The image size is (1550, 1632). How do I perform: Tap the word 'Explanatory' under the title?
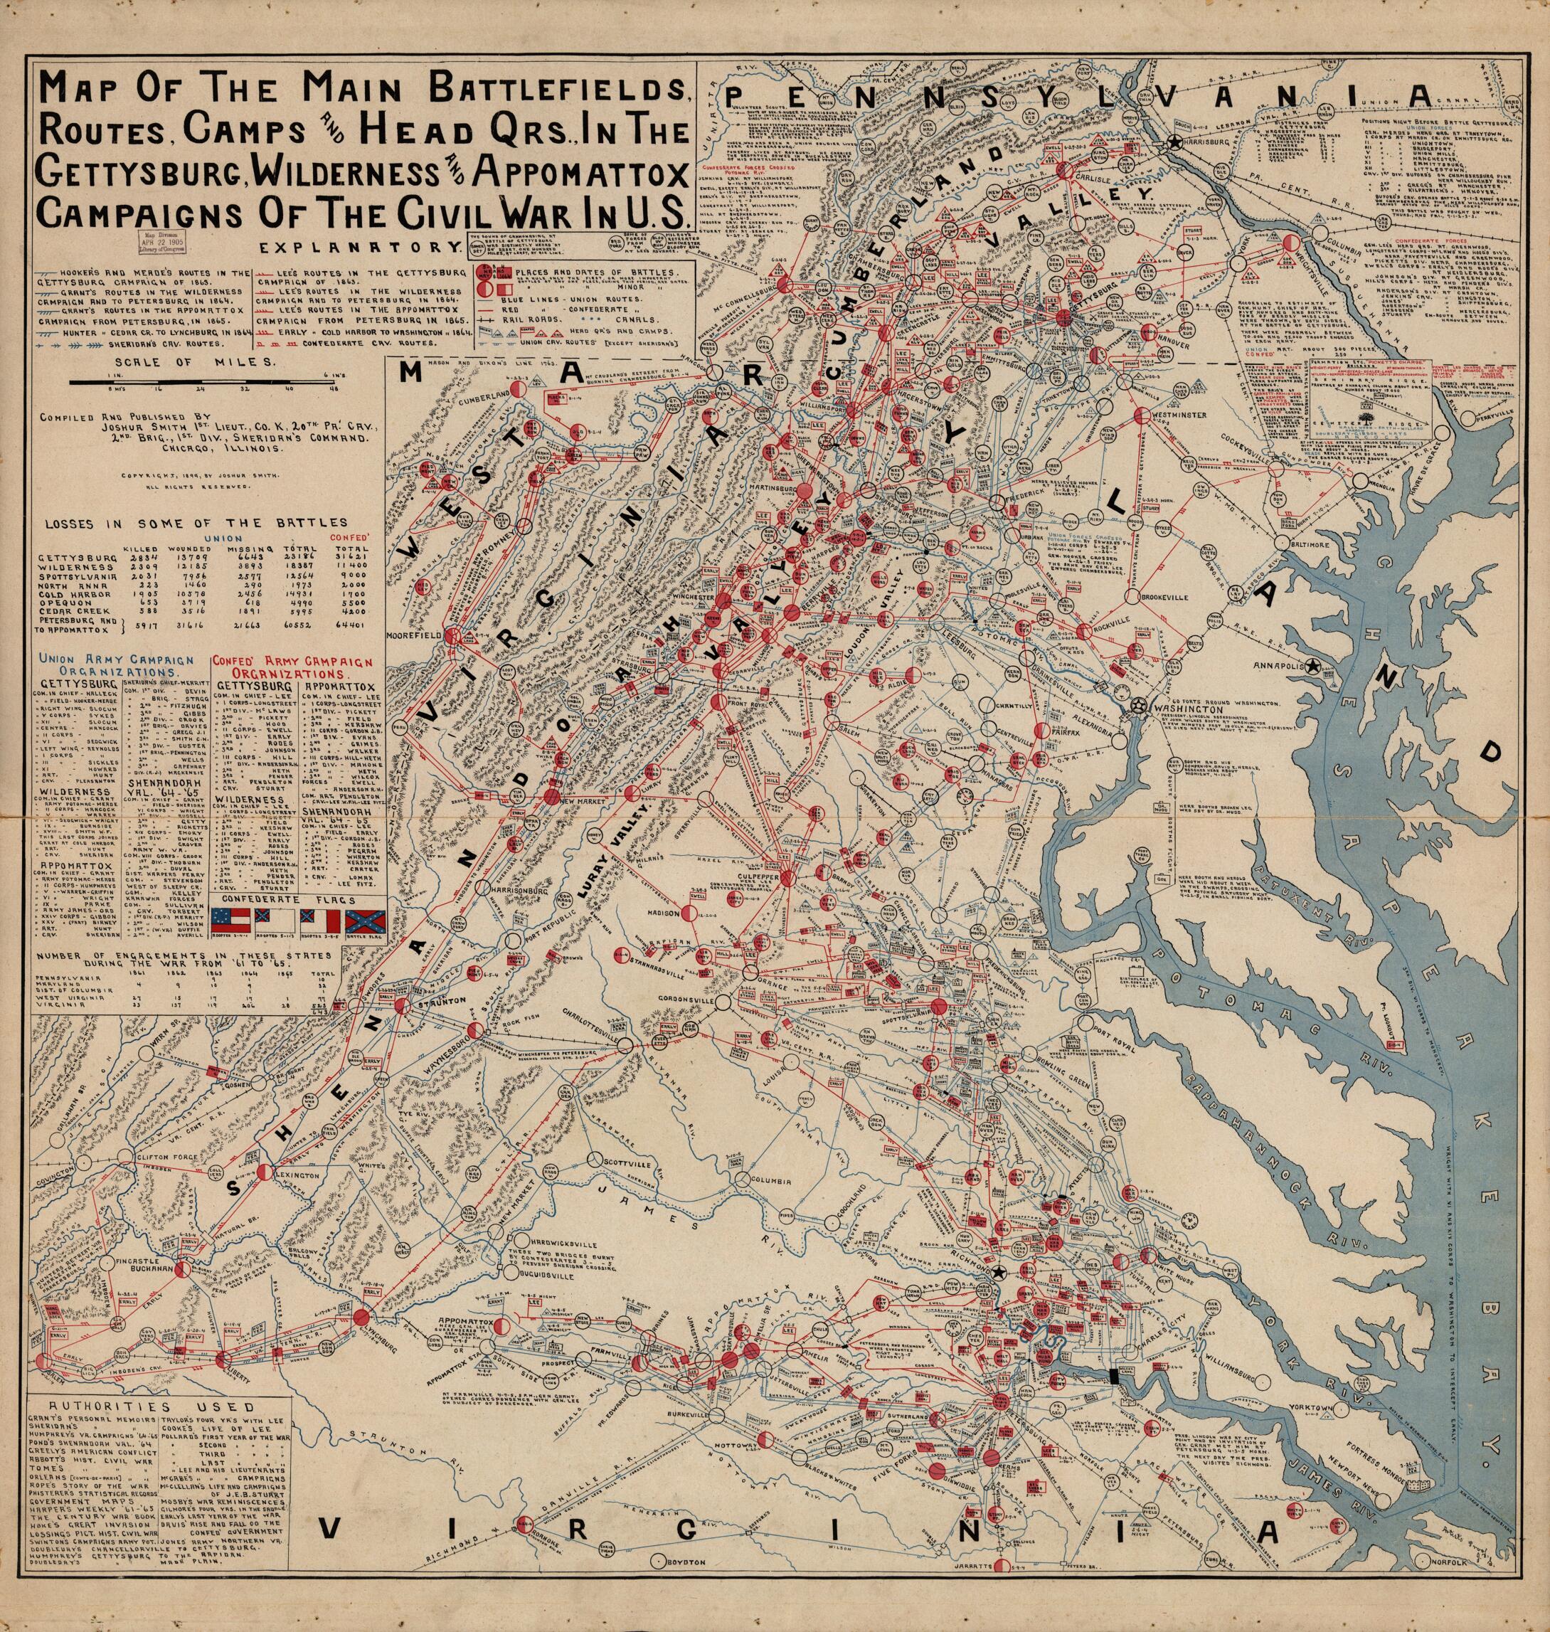point(357,245)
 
